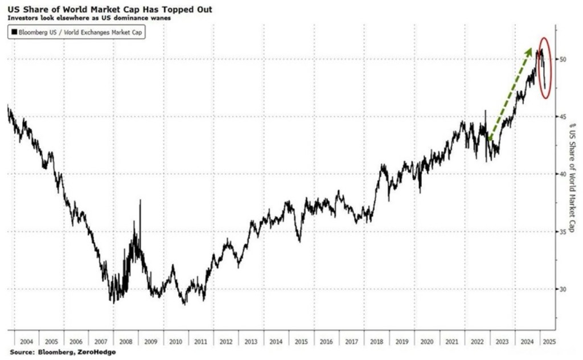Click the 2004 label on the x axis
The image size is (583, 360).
26,342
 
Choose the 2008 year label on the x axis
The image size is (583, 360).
126,342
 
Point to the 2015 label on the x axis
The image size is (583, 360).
300,342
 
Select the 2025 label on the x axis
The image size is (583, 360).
549,342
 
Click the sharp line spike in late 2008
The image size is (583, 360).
140,203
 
